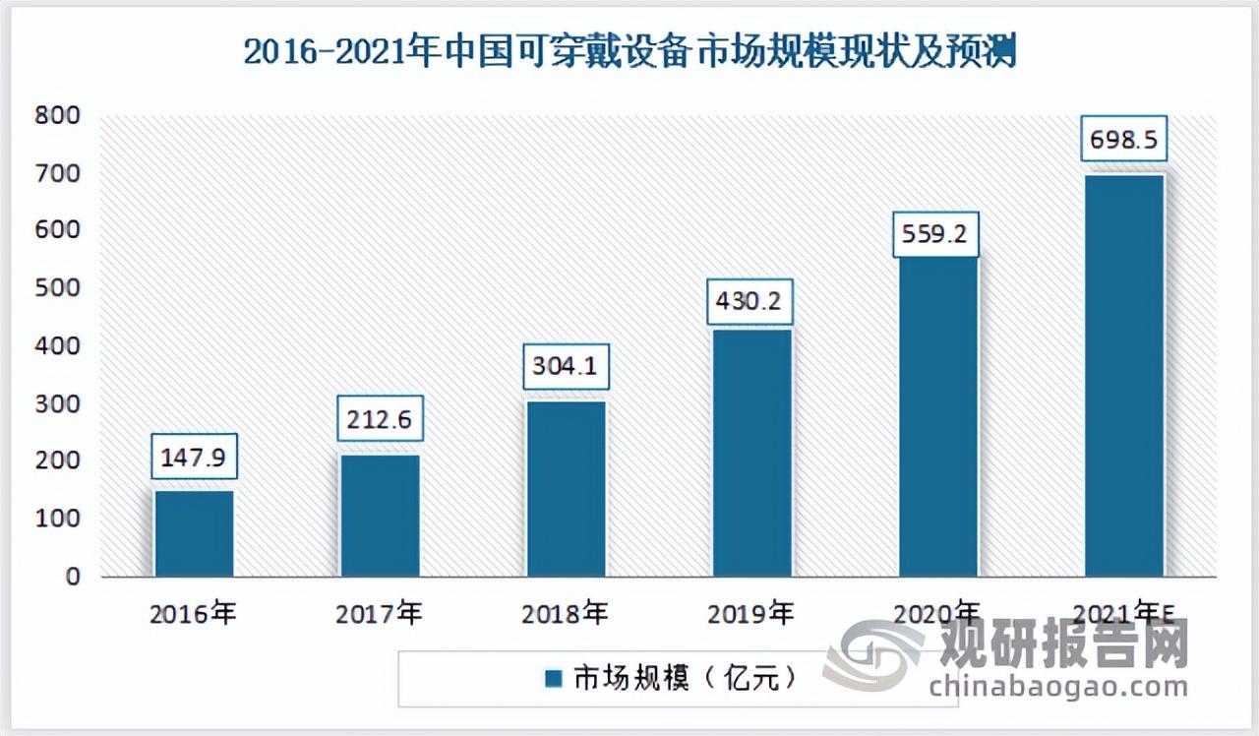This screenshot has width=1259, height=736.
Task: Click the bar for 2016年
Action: click(195, 533)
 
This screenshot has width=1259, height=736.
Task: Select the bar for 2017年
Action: click(381, 516)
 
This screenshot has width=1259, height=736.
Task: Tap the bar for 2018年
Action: click(567, 489)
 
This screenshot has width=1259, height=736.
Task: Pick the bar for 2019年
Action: click(752, 453)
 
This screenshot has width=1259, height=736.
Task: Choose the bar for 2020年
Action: click(938, 415)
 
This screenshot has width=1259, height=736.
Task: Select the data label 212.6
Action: click(380, 422)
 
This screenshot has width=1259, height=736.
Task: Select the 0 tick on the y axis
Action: click(73, 577)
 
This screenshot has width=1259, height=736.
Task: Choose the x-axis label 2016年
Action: click(194, 615)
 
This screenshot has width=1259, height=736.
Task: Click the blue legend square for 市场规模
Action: click(553, 679)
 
